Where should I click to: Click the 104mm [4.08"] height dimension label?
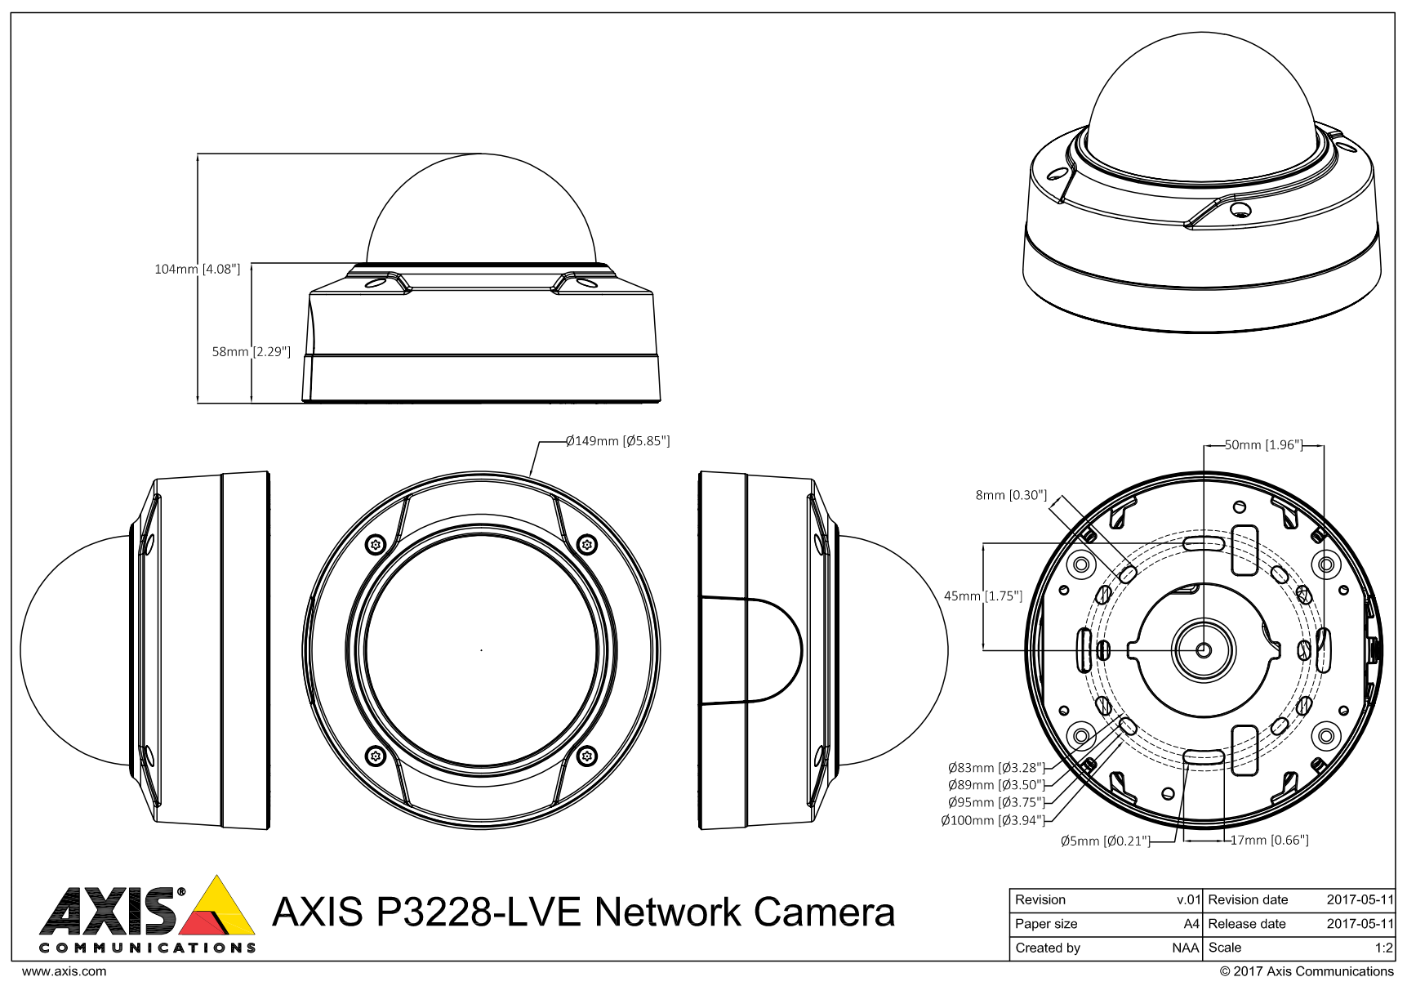[x=197, y=269]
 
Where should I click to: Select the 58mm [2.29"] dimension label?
[x=252, y=352]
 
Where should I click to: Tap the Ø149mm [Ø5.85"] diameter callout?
[x=617, y=441]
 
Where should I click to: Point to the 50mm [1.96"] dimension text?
[x=1262, y=445]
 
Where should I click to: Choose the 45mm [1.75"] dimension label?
[x=983, y=596]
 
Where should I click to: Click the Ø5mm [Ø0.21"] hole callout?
[x=1105, y=841]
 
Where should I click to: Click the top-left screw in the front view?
[x=376, y=544]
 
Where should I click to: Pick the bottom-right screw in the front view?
[x=586, y=756]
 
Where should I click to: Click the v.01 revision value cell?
[x=1187, y=899]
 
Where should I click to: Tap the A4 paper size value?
[x=1191, y=924]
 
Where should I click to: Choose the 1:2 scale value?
[x=1383, y=948]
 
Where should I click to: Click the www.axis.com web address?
[x=64, y=971]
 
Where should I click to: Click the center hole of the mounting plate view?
[x=1204, y=649]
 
